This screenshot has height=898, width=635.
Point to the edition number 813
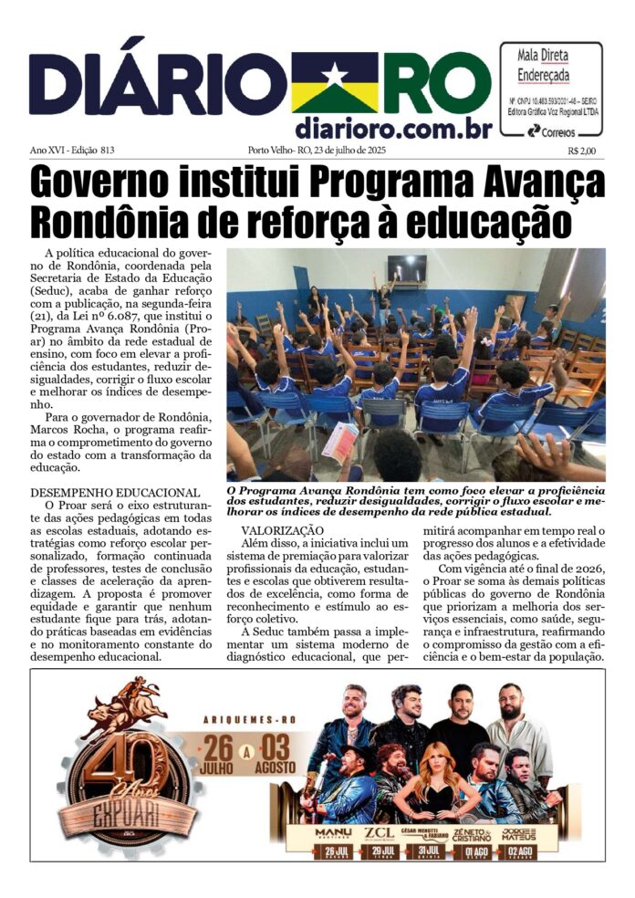coord(114,151)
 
